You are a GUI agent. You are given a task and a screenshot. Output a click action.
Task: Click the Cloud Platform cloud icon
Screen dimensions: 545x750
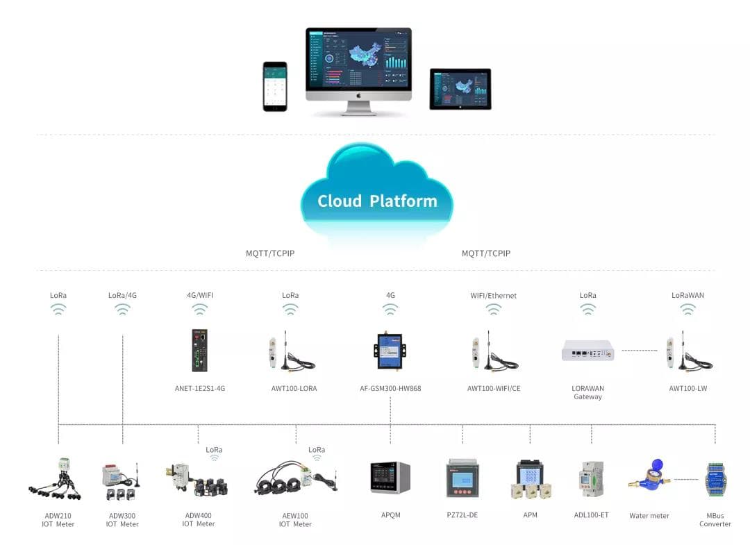376,194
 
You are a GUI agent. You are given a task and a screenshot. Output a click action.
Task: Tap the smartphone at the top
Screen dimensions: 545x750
274,86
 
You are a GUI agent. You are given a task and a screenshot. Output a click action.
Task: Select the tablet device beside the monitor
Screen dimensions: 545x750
460,88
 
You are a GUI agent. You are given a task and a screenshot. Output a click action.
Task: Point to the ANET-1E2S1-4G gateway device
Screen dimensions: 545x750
200,351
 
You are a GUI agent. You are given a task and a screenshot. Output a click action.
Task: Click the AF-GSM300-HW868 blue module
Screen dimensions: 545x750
390,351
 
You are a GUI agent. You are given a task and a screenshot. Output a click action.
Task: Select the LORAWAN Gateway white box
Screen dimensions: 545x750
587,351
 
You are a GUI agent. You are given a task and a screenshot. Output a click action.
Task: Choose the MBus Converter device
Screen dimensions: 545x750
715,479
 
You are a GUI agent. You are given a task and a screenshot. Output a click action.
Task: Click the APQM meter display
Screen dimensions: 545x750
390,478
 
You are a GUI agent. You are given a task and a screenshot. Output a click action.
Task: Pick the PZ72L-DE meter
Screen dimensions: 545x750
462,478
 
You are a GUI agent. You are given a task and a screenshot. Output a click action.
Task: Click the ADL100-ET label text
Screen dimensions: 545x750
591,515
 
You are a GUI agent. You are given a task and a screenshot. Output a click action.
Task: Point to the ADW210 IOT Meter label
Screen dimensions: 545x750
58,520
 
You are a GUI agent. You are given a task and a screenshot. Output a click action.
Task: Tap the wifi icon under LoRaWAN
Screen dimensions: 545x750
687,310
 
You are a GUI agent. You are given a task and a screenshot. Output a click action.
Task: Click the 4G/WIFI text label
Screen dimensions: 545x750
200,295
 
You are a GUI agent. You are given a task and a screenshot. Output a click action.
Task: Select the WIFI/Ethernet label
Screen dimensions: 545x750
493,295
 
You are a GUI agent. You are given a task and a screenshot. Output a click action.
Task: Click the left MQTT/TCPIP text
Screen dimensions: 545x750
270,253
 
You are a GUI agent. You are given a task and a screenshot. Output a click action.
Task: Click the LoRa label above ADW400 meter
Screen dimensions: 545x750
214,450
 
